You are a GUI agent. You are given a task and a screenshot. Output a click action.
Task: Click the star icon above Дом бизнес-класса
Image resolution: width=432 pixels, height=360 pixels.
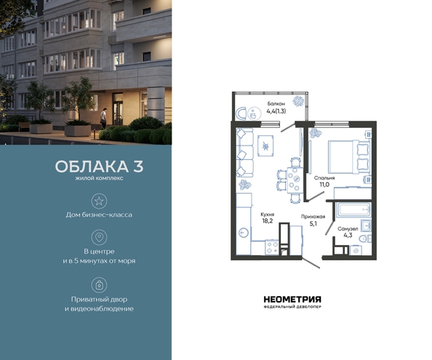pyautogui.click(x=99, y=201)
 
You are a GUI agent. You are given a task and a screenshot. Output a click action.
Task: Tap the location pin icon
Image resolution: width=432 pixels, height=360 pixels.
pyautogui.click(x=99, y=237)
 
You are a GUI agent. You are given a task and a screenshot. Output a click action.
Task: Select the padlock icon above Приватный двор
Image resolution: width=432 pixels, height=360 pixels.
pyautogui.click(x=99, y=285)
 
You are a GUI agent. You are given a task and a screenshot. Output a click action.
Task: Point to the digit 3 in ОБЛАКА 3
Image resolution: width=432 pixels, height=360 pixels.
pyautogui.click(x=138, y=167)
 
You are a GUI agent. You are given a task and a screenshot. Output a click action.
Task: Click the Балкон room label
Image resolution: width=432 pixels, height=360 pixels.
pyautogui.click(x=276, y=104)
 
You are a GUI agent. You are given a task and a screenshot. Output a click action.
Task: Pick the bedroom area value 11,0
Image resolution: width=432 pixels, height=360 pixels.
pyautogui.click(x=324, y=185)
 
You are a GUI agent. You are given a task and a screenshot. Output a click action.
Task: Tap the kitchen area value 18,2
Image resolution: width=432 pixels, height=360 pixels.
pyautogui.click(x=267, y=220)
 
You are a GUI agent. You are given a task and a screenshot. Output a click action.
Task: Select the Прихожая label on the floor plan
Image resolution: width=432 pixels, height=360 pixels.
pyautogui.click(x=313, y=217)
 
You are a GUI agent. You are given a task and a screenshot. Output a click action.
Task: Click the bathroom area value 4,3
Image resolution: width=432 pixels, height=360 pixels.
pyautogui.click(x=348, y=235)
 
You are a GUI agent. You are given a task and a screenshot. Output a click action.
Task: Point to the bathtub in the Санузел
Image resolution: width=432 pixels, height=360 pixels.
pyautogui.click(x=353, y=209)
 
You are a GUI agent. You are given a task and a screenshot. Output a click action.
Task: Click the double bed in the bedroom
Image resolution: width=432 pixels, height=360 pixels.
pyautogui.click(x=349, y=156)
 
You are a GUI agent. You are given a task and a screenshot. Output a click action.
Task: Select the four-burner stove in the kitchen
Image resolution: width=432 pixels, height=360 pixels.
pyautogui.click(x=272, y=247)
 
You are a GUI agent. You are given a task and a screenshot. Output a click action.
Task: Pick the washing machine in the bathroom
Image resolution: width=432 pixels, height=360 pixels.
pyautogui.click(x=356, y=250)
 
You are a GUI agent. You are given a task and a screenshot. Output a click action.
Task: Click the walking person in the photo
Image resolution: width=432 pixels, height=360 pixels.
pyautogui.click(x=103, y=118)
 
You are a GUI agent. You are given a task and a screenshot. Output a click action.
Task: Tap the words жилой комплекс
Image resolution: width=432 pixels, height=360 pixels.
pyautogui.click(x=99, y=178)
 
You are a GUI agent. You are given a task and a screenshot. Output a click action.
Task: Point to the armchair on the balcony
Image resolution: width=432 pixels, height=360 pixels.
pyautogui.click(x=241, y=113)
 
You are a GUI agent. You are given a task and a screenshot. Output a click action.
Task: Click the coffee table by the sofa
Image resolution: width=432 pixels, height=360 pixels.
pyautogui.click(x=265, y=145)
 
